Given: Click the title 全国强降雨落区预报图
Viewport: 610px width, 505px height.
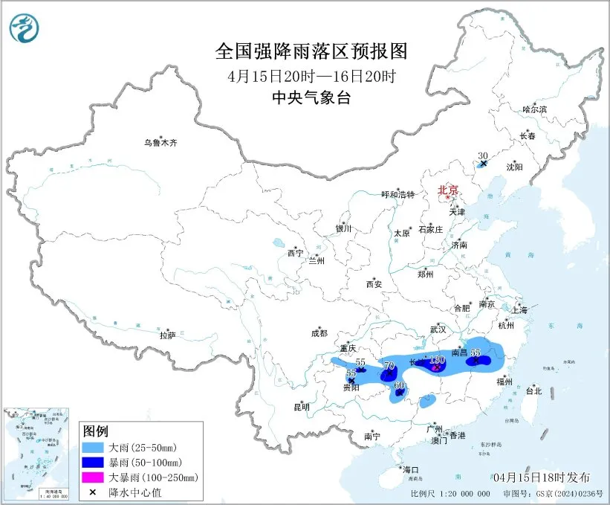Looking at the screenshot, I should (x=311, y=51).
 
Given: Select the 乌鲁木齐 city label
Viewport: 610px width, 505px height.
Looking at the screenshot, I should (x=161, y=143).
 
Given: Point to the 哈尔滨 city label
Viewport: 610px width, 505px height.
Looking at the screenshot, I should (x=533, y=109).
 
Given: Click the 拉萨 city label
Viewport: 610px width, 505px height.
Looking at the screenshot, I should (x=167, y=335).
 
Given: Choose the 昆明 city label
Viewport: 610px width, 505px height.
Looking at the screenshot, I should (x=301, y=407).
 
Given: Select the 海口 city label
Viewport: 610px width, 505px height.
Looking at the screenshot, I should (x=411, y=469).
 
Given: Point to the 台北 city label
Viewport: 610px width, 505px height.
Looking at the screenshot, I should (x=533, y=390).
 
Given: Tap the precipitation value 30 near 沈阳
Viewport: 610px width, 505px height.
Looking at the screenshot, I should (x=482, y=155).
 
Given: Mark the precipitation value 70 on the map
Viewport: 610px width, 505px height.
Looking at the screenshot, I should (x=388, y=365).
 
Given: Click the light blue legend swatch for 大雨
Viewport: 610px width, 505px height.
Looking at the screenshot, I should (x=94, y=448).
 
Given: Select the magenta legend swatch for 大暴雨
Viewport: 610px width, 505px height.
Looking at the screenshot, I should (x=94, y=477).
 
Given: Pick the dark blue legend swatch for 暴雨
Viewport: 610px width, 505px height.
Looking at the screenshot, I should (x=94, y=463).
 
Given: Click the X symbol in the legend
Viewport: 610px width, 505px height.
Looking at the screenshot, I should (x=94, y=491).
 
